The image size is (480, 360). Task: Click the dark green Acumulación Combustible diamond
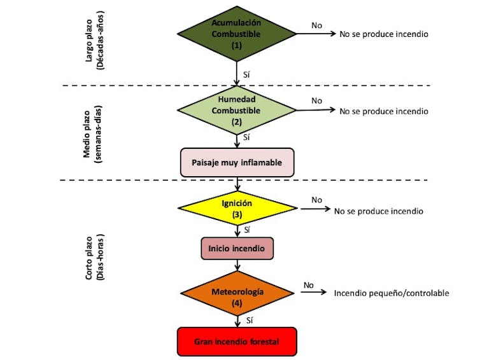[237, 34]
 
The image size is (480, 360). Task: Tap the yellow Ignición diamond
[237, 209]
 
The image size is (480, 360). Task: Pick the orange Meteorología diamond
[237, 296]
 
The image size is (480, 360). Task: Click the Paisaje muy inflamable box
[237, 162]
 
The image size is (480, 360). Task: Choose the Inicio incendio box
[237, 247]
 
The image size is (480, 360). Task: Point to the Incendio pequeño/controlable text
[391, 293]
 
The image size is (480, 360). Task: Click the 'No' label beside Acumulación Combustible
[316, 25]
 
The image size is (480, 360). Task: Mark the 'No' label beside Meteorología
[309, 285]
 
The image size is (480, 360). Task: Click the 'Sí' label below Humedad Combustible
[246, 137]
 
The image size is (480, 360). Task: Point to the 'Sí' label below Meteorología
[249, 320]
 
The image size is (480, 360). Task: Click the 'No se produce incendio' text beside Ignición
[378, 211]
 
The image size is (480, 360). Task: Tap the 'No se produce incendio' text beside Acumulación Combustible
[383, 34]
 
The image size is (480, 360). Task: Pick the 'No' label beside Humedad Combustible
[316, 100]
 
